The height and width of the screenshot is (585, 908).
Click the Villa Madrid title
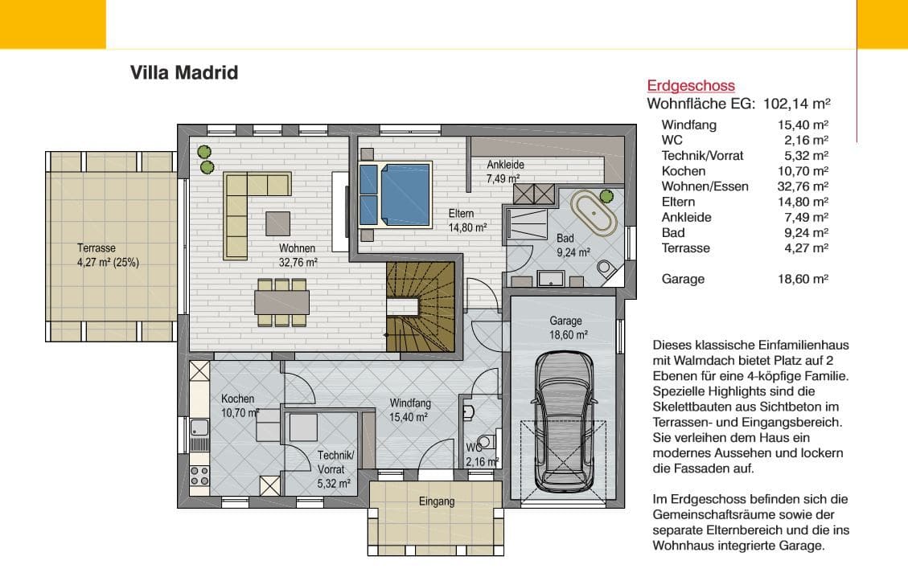(x=184, y=72)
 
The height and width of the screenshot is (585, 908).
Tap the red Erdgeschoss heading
(x=691, y=86)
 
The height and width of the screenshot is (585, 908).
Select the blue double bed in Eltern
(x=396, y=195)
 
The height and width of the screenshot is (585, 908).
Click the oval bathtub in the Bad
(x=594, y=212)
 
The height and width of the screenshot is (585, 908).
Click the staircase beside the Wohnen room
(x=421, y=307)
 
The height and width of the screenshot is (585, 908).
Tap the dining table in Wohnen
(x=282, y=302)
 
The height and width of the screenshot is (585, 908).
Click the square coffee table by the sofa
(x=278, y=223)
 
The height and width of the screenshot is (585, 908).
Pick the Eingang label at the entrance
(x=437, y=501)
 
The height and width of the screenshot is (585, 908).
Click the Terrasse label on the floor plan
(x=97, y=247)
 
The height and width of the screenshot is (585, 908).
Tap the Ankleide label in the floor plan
(x=506, y=165)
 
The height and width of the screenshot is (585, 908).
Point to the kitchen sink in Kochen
(x=199, y=427)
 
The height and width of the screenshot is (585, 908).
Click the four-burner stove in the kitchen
(x=199, y=477)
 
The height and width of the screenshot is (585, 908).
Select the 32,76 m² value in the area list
(x=803, y=186)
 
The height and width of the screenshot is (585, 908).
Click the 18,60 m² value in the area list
(x=803, y=279)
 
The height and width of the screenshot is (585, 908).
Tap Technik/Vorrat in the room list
(x=702, y=156)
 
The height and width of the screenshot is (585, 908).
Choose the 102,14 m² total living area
(x=797, y=104)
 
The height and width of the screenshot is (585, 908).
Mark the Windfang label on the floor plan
(x=410, y=403)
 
